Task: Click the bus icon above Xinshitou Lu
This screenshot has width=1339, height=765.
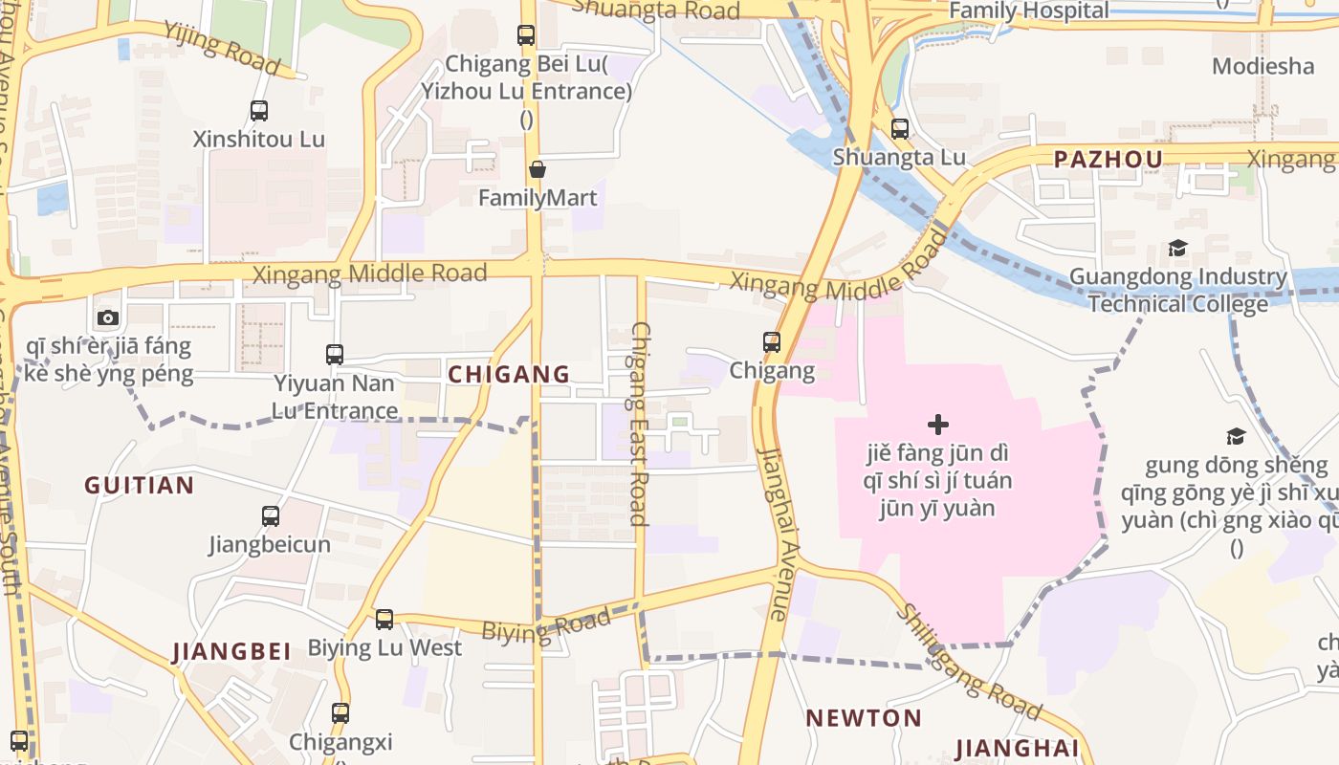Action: click(x=259, y=111)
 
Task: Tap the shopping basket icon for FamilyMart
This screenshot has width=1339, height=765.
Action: click(x=538, y=169)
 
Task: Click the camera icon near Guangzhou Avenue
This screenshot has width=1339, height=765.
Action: click(x=108, y=317)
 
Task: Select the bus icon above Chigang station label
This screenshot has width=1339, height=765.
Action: click(x=771, y=341)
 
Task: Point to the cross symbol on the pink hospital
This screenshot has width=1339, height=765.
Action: click(x=938, y=424)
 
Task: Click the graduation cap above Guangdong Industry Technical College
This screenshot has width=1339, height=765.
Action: click(x=1177, y=249)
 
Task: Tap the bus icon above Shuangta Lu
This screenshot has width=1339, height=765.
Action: click(x=899, y=129)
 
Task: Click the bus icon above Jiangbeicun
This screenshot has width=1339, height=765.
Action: click(x=271, y=516)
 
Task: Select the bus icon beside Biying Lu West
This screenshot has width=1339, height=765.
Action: click(x=384, y=619)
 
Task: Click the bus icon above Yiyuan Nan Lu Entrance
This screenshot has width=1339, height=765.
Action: click(x=335, y=355)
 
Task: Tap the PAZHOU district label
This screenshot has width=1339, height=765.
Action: click(x=1109, y=160)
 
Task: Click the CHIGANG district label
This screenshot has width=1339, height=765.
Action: click(x=509, y=374)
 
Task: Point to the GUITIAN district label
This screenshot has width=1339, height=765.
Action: click(x=140, y=485)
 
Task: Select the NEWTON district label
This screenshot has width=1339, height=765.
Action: click(x=864, y=718)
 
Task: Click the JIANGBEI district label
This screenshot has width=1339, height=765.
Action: click(x=231, y=652)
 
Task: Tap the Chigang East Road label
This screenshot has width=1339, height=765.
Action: click(x=640, y=424)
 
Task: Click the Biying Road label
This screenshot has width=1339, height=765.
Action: click(x=545, y=627)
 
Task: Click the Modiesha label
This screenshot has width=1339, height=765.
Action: click(x=1263, y=66)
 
